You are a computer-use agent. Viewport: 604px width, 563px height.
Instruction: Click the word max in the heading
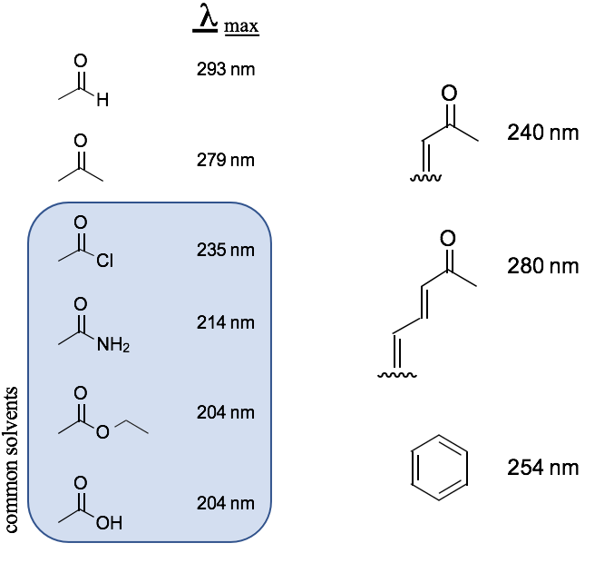coord(241,25)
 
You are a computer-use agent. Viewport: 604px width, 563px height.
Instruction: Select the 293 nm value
coord(226,69)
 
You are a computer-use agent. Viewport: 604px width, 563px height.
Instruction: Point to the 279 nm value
coord(226,161)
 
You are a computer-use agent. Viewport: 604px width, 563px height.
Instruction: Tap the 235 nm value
coord(226,250)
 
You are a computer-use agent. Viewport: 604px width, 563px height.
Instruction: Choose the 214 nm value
coord(226,322)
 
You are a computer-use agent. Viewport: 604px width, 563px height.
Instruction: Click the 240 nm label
coord(542,133)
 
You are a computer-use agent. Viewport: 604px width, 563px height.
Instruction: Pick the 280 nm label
coord(542,267)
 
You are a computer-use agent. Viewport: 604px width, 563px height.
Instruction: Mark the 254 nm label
coord(542,468)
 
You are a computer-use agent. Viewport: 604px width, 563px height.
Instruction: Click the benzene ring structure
coord(440,469)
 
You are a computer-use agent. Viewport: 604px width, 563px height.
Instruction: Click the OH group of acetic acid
coord(108,524)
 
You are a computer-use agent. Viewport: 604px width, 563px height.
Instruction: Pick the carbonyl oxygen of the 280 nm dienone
coord(446,239)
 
